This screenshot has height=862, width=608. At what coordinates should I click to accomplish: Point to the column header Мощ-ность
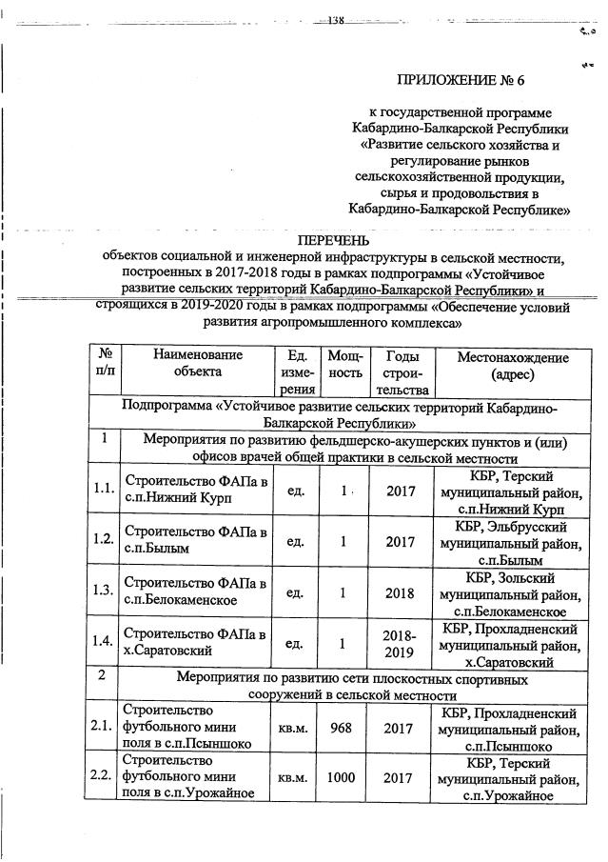344,363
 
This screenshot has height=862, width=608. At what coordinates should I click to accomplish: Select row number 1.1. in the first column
104,489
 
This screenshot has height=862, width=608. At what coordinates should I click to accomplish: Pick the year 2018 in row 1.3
400,592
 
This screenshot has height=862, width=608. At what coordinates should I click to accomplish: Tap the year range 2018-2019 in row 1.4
400,644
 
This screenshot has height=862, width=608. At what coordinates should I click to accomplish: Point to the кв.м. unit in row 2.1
292,728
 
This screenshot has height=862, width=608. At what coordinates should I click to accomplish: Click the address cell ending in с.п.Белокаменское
512,593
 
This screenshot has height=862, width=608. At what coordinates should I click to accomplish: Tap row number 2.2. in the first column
104,777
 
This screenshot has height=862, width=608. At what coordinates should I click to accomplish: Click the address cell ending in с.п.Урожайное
512,778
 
